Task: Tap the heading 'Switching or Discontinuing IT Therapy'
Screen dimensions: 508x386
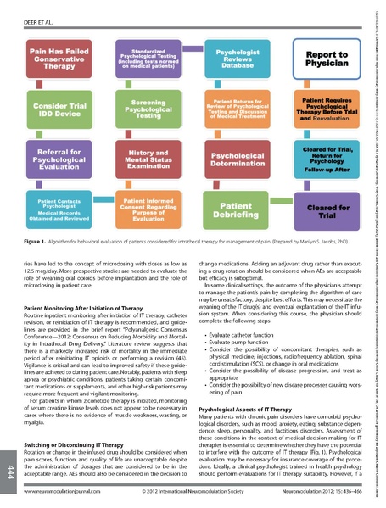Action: (x=76, y=444)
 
